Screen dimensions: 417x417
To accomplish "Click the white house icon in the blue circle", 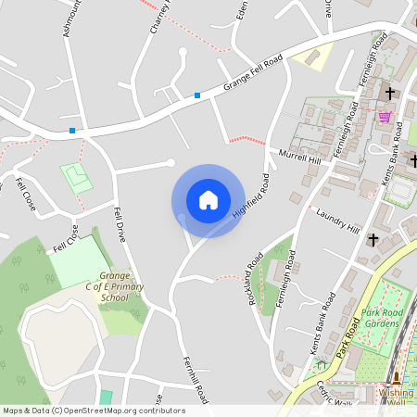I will pos(208,200).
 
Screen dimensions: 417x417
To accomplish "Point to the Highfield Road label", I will pos(251,194).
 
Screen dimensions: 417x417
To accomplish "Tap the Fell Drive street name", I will pos(120,223).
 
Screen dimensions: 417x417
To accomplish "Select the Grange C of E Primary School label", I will pos(115,287).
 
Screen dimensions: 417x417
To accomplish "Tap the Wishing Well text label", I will pos(397,397).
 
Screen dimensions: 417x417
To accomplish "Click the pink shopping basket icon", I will pos(385,116).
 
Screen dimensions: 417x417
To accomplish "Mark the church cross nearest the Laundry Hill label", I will pos(373,239).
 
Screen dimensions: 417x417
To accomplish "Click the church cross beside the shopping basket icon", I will pos(390,93).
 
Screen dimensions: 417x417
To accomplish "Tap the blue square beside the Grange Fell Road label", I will pos(197,95).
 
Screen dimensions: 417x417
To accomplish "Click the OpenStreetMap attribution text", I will pos(94,411).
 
